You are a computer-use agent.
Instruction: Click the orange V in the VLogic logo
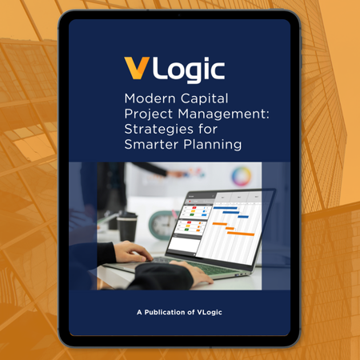point(136,70)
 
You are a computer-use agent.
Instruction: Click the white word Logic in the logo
point(188,70)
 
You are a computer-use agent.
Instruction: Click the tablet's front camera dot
point(179,15)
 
